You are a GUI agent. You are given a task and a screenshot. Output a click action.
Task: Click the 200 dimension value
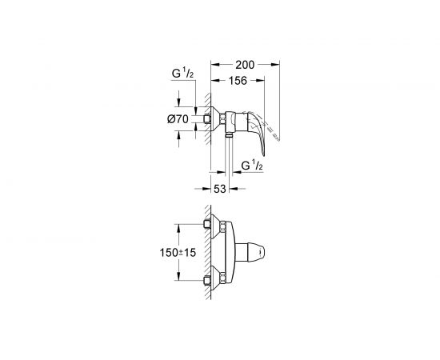(245, 65)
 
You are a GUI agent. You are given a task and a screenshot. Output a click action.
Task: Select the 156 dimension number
(238, 81)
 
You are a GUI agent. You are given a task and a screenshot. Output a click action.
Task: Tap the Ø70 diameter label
(178, 119)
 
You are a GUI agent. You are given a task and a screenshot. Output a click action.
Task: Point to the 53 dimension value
(220, 189)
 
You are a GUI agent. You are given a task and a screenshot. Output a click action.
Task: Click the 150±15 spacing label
(178, 253)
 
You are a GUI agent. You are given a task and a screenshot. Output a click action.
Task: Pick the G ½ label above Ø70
(182, 74)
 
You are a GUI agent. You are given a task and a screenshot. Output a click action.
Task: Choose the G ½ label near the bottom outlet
(252, 166)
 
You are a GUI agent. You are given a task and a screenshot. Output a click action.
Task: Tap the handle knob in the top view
(250, 252)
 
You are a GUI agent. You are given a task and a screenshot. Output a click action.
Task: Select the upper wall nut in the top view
(207, 224)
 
